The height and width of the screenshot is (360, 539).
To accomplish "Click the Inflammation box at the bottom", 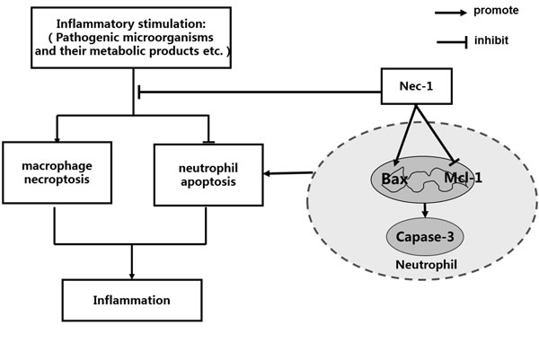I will click(131, 298).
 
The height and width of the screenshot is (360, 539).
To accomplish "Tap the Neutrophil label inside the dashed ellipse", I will click(425, 267).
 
